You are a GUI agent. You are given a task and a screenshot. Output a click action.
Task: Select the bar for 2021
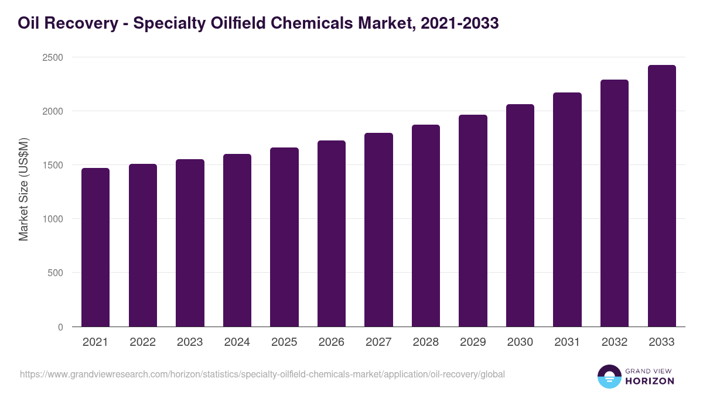coord(95,247)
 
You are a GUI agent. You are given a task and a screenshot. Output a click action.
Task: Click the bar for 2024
coord(237,240)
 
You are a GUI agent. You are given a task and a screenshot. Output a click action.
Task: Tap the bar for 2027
coord(378,229)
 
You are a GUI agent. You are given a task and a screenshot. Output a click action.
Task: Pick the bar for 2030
coord(520,215)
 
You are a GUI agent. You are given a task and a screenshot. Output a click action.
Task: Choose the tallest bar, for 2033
coord(661,196)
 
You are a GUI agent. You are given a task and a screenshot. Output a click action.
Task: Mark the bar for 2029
coord(473,221)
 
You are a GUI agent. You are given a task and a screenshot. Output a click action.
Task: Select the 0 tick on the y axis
coord(60,327)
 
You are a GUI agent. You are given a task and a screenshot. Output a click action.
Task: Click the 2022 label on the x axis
coord(142,342)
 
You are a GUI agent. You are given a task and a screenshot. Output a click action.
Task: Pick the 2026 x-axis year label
coord(332,342)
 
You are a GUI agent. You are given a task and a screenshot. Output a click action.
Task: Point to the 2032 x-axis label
coord(615,342)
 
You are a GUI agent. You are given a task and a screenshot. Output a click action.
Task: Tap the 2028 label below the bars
coord(426,342)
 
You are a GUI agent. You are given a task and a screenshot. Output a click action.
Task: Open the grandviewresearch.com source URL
coord(262,374)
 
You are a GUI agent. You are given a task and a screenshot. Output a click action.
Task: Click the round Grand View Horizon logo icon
coord(609,376)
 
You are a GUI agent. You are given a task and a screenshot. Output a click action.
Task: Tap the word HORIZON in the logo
coord(650,381)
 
